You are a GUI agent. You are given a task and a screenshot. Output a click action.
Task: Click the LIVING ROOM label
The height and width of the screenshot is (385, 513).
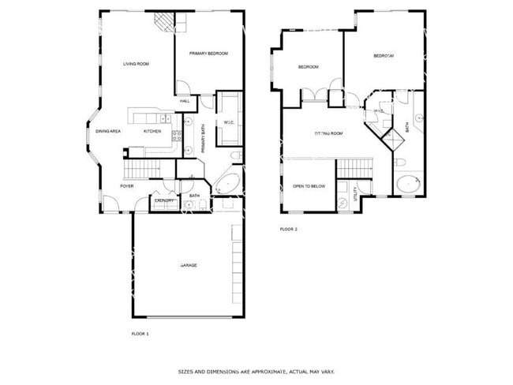coord(136,64)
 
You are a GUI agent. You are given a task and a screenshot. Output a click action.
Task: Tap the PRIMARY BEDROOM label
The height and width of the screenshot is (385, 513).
coord(208,53)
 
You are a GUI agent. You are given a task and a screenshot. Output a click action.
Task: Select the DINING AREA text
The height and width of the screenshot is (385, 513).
coord(108,131)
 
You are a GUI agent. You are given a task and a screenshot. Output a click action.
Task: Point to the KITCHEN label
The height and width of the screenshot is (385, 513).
coord(152,131)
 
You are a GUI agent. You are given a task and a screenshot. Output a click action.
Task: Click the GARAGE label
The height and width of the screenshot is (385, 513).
coord(188,265)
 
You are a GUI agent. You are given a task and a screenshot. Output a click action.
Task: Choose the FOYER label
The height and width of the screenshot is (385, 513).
coord(126,186)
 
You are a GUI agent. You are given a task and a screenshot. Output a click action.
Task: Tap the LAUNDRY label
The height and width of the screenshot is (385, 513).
coord(164,201)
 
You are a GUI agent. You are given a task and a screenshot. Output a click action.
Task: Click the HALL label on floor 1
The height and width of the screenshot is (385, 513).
coord(185,101)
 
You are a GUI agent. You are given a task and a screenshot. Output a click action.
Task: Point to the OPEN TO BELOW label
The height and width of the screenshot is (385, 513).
coord(309,186)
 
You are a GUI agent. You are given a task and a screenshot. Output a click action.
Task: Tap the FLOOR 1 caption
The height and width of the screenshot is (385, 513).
coord(140,334)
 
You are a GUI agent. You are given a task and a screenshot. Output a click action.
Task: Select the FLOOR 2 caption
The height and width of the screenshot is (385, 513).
coord(288,229)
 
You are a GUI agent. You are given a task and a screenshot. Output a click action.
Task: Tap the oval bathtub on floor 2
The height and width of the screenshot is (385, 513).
coord(409,185)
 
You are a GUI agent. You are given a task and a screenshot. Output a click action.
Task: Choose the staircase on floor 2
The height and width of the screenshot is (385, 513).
coord(354,167)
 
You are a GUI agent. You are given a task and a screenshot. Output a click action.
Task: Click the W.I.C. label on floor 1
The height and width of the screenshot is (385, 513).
coord(229,122)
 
